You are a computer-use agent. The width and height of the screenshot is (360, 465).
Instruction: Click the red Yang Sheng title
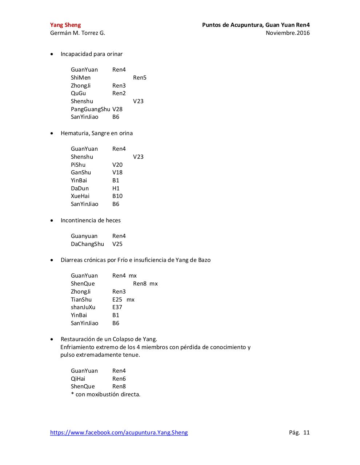[65, 25]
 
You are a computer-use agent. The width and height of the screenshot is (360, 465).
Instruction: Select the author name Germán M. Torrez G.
[77, 33]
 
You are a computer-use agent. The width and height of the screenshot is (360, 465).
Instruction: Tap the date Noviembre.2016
[288, 33]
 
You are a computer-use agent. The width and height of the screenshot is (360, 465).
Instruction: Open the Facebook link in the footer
[119, 433]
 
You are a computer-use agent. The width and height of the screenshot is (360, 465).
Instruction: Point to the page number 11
[306, 433]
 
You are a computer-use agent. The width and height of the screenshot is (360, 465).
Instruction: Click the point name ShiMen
[81, 78]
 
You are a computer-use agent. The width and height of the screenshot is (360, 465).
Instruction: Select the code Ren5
[140, 78]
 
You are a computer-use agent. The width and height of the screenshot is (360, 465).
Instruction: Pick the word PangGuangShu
[90, 109]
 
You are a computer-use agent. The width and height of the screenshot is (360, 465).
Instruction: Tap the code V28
[117, 109]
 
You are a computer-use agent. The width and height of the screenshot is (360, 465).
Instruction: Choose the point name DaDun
[80, 189]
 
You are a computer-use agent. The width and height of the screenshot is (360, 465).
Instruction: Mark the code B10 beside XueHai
[117, 196]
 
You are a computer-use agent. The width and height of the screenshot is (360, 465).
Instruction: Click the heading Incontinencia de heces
[91, 221]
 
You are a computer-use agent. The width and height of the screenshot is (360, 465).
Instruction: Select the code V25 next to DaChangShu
[117, 244]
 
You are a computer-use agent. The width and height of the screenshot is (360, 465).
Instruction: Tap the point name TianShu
[81, 300]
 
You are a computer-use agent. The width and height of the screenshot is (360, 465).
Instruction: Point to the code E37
[117, 307]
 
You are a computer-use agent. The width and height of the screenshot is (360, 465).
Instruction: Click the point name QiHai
[78, 379]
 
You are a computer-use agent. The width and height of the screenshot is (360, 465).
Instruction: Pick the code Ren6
[119, 379]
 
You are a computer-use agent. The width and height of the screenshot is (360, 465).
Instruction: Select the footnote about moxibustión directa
[105, 395]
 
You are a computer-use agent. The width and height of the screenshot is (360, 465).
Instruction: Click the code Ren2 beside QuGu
[119, 93]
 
